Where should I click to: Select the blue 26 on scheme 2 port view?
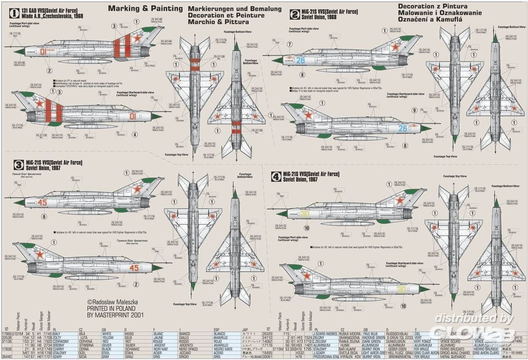[300, 60]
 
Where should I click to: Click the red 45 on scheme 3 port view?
[42, 202]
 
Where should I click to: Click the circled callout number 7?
[289, 44]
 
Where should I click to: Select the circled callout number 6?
[44, 216]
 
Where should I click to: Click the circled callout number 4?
[135, 134]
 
